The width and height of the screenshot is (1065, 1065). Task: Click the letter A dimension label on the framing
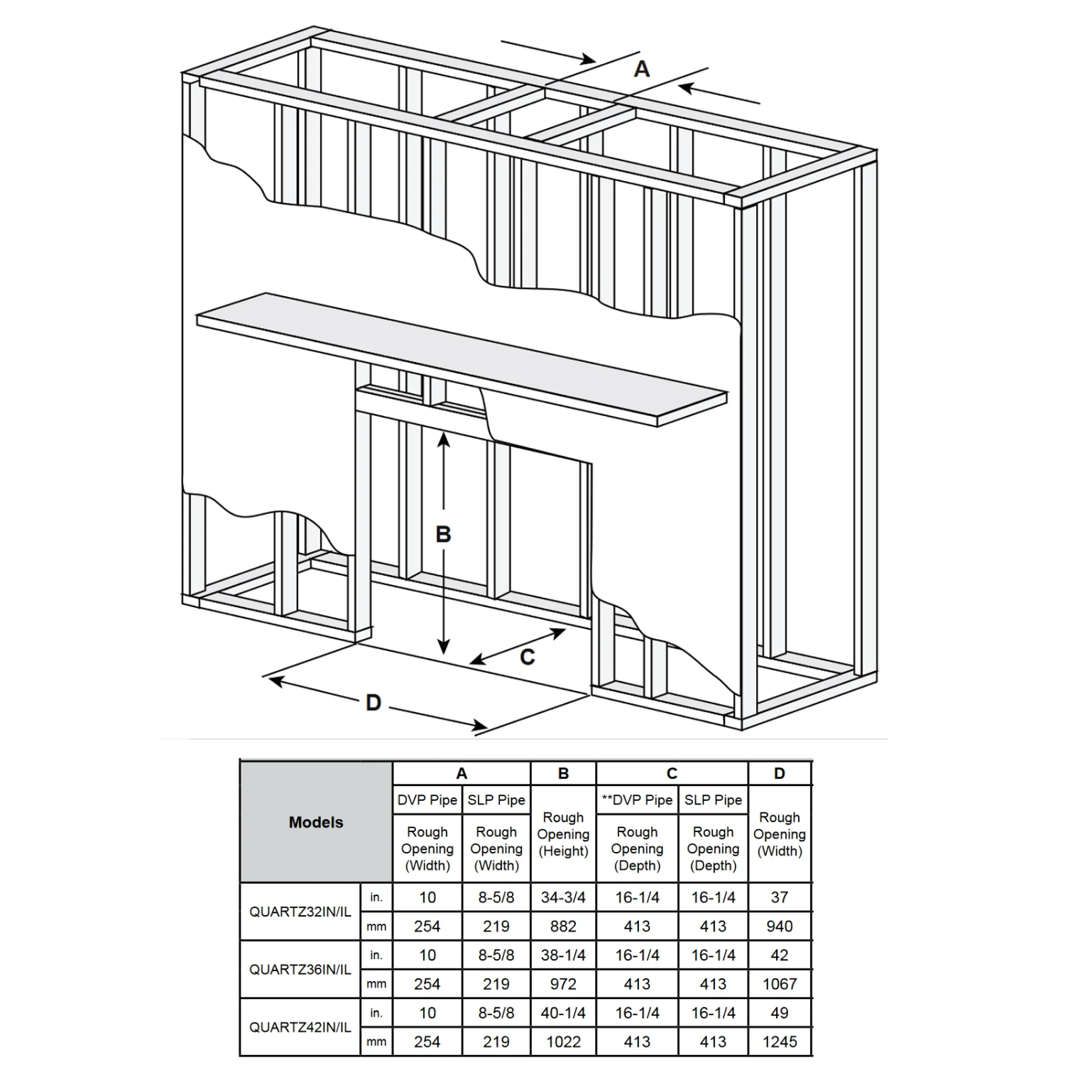coord(641,70)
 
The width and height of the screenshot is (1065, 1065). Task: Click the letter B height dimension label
coord(443,534)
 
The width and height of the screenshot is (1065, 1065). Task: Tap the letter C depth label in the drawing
coord(527,657)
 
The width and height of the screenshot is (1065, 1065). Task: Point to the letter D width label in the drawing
coord(373,703)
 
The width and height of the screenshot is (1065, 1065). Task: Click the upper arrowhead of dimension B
coord(443,439)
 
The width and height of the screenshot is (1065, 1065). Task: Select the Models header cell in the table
coord(316,822)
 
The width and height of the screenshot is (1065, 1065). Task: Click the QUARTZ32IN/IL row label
coord(300,912)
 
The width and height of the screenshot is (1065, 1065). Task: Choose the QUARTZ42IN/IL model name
coord(300,1027)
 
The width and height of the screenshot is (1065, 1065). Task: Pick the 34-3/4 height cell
coord(563,897)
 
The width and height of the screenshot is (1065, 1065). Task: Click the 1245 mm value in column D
coord(779,1042)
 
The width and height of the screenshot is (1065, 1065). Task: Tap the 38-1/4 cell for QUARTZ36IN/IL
coord(563,955)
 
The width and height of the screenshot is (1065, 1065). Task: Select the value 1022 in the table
coord(563,1042)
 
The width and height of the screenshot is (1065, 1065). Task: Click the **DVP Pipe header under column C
coord(637,799)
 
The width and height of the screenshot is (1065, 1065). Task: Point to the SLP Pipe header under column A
coord(496,799)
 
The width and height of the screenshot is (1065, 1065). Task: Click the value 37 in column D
coord(779,897)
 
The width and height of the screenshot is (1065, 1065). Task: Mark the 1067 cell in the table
coord(779,984)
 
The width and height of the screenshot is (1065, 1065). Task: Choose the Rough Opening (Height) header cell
coord(563,834)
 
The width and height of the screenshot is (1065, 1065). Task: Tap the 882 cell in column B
coord(563,927)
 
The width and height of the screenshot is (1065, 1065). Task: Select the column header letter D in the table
coord(779,773)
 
